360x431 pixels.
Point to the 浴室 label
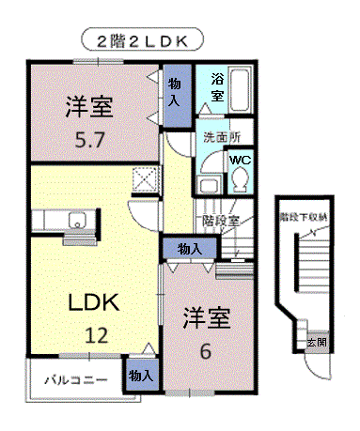click(x=216, y=87)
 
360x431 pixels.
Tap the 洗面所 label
click(x=222, y=138)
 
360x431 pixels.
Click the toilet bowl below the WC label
click(x=241, y=178)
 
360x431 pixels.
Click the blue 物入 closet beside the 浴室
click(x=175, y=96)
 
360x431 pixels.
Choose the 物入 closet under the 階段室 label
click(x=190, y=249)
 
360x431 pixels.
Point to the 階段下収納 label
click(x=304, y=218)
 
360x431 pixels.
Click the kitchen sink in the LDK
click(x=77, y=223)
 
